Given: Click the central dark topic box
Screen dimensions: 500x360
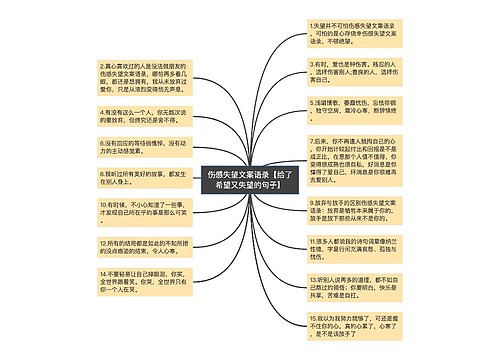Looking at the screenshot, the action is [249, 180].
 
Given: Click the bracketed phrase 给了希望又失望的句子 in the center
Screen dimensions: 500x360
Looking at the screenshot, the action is [249, 186].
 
